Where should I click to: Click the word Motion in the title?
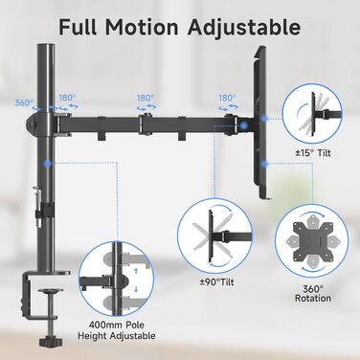click(x=142, y=27)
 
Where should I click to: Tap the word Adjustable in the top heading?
click(x=244, y=28)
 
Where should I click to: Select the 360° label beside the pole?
click(x=24, y=103)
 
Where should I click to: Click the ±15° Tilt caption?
click(x=313, y=153)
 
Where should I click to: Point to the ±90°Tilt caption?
click(x=216, y=282)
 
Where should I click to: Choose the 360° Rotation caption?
click(x=313, y=294)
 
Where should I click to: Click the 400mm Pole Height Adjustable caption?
click(x=117, y=330)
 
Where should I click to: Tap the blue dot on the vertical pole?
click(x=48, y=164)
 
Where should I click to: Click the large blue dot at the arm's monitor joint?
click(x=244, y=125)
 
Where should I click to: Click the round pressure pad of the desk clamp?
click(x=51, y=291)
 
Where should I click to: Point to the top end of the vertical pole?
click(x=46, y=45)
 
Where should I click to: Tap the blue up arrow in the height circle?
click(x=136, y=271)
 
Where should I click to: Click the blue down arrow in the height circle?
click(x=136, y=289)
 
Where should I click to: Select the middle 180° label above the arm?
click(x=146, y=98)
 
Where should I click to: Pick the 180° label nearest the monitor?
click(x=227, y=98)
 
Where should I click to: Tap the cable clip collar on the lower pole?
click(x=44, y=210)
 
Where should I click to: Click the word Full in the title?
click(x=78, y=27)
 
